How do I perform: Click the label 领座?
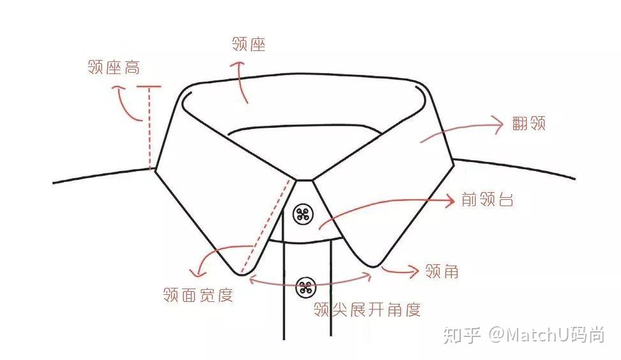[248, 44]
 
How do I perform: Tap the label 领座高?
[114, 67]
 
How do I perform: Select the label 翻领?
[528, 124]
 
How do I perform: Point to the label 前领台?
[488, 199]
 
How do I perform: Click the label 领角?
[442, 271]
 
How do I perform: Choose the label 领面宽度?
[198, 295]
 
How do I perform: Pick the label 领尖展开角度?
[367, 310]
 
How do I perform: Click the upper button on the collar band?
[303, 214]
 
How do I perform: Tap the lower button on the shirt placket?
[306, 287]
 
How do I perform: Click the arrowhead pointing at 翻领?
[497, 125]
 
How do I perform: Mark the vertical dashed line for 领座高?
[150, 128]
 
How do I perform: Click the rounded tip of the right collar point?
[373, 266]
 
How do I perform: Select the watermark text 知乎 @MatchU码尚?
[523, 335]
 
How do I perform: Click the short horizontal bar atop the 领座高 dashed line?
[149, 86]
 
